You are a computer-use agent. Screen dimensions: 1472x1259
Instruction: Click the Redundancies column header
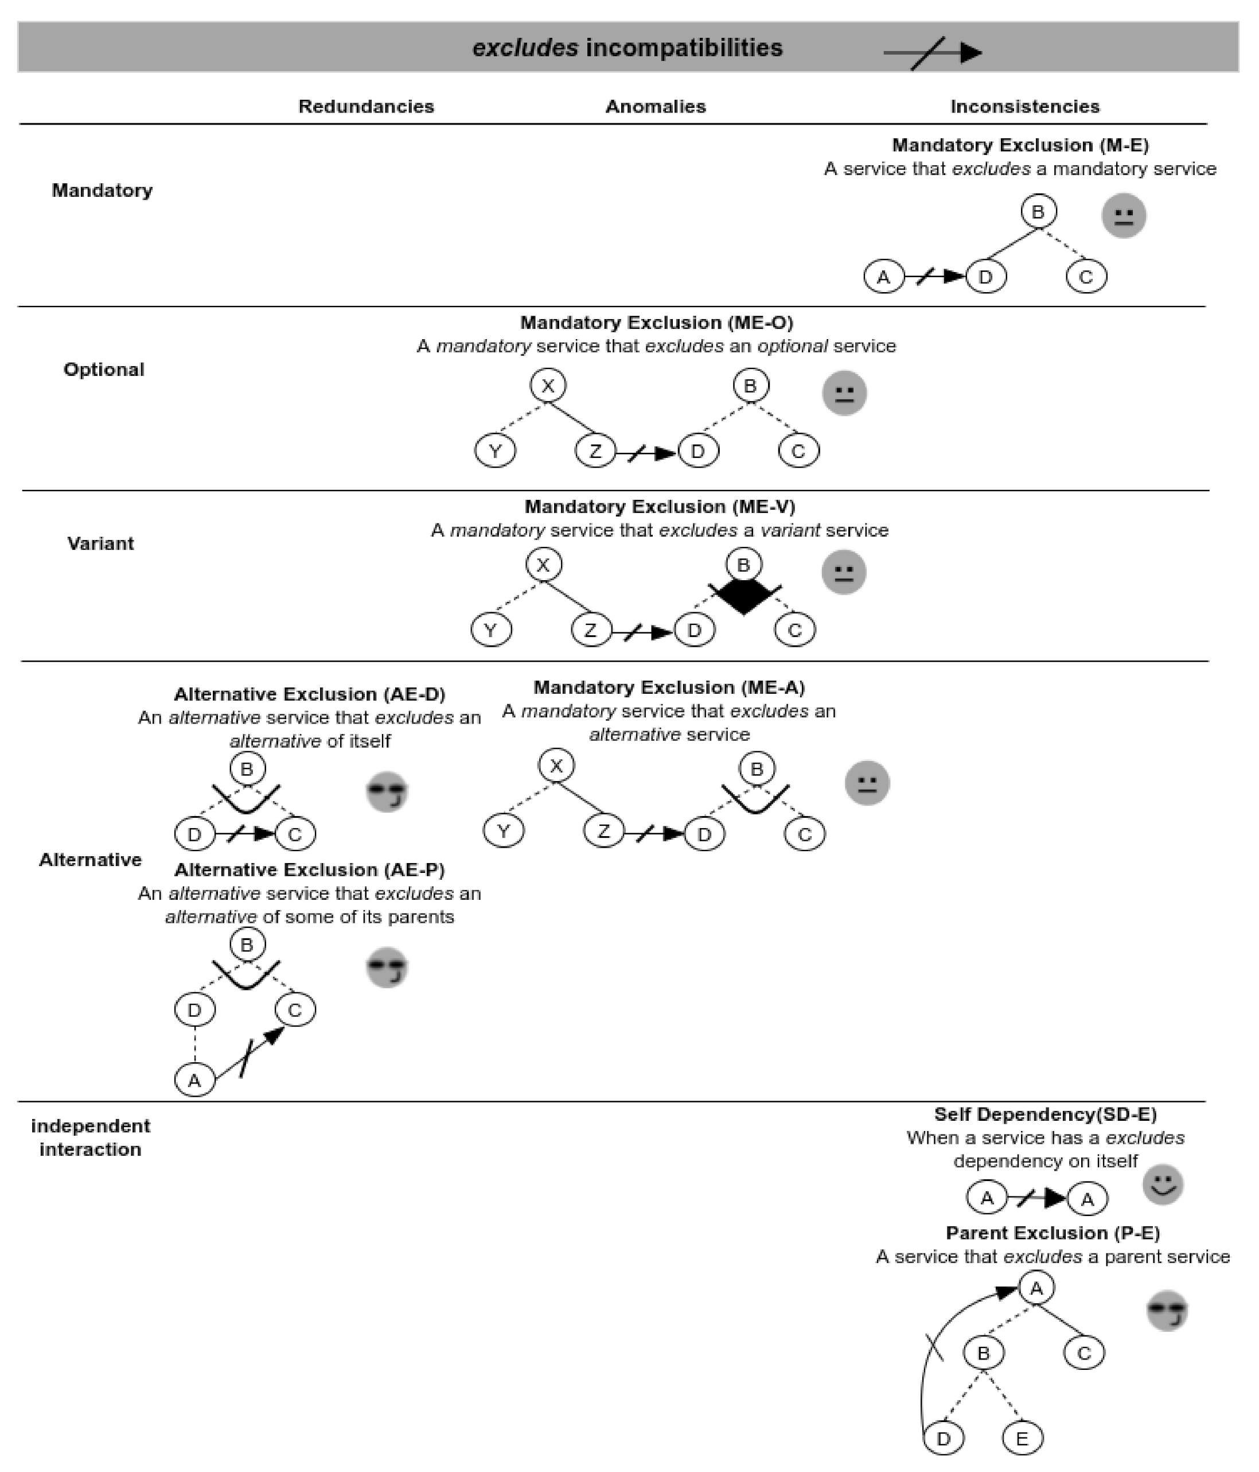click(366, 107)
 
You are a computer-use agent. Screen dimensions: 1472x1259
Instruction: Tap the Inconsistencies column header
click(1024, 107)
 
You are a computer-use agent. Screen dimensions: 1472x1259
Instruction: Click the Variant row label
click(100, 543)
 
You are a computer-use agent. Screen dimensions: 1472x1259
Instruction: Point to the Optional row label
click(104, 370)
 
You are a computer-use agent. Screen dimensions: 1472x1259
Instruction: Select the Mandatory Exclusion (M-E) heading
click(1020, 145)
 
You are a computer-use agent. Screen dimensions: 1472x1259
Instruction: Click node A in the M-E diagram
click(883, 277)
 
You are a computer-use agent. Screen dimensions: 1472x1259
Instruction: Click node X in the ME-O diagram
click(548, 386)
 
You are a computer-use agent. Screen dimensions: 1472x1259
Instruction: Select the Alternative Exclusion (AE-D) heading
click(310, 694)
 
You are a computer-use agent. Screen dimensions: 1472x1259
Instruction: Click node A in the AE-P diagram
click(194, 1081)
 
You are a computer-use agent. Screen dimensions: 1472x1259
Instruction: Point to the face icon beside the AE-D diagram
click(387, 791)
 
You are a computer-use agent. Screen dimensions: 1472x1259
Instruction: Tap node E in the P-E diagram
click(1022, 1439)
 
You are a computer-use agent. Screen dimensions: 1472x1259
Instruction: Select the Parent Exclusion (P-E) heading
click(1053, 1233)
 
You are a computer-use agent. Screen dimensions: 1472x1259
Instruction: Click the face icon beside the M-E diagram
click(1124, 215)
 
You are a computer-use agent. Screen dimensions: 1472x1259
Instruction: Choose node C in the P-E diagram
click(1083, 1353)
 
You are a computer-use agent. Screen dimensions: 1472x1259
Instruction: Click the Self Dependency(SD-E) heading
click(1045, 1114)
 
